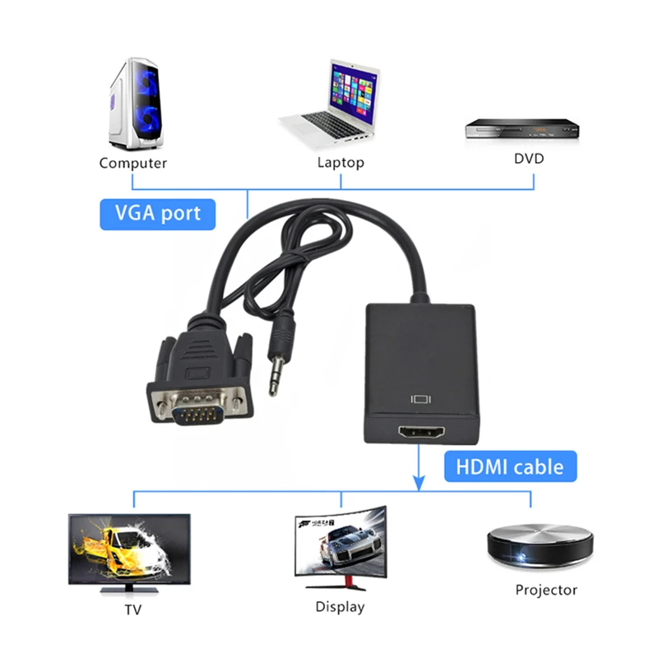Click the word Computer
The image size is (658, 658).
point(133,163)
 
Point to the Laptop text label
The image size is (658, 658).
point(341,163)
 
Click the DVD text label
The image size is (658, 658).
point(529,158)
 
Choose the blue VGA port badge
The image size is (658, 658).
point(158,214)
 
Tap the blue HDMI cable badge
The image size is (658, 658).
point(511,467)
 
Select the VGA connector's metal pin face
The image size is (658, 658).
point(197,409)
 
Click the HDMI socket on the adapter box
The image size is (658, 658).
point(421,433)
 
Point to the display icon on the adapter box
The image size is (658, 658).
point(421,401)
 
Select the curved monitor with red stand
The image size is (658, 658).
point(340,544)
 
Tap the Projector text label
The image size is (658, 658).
point(546,590)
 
